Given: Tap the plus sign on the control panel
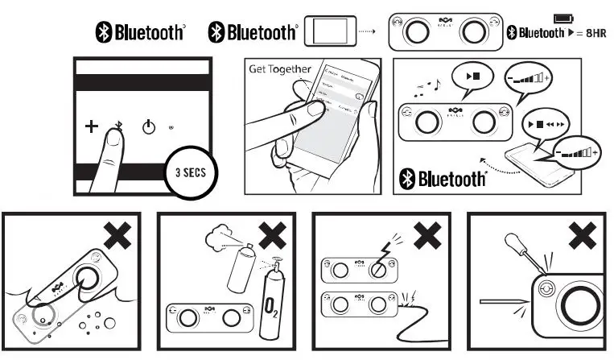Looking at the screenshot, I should (91, 126).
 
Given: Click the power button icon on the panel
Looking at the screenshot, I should (148, 126).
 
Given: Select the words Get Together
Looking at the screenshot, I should (279, 69).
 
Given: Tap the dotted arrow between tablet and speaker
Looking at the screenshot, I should (367, 32).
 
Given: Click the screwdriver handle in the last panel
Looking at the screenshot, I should (517, 244).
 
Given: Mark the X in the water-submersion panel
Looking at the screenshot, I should (118, 234).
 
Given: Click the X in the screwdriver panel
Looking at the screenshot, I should (583, 234).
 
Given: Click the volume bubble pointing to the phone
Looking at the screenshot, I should (579, 151).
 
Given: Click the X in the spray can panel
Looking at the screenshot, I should (274, 234).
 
